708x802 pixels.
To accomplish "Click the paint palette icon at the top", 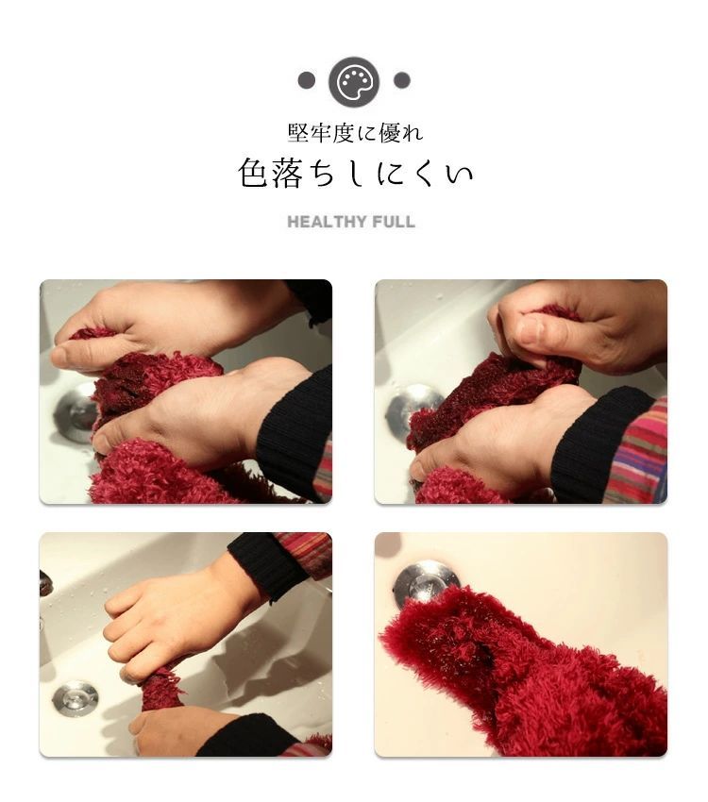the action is pos(354,82).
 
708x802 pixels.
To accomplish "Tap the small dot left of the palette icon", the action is pos(307,80).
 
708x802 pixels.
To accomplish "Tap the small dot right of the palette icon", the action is pos(401,80).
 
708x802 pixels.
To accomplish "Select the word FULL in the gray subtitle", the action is pos(394,222).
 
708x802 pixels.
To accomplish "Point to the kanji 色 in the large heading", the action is pos(253,173).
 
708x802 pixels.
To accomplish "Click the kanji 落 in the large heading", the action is pos(286,173).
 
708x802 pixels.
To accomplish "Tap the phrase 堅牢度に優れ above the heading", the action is pos(355,133).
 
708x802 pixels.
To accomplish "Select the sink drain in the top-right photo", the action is pos(414,409).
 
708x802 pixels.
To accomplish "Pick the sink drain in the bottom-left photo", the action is pos(76,697).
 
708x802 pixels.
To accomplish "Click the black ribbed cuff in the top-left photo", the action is pos(295,435).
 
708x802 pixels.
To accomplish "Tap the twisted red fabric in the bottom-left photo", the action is pos(161,690).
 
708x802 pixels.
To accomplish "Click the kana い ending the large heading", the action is pos(458,174).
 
